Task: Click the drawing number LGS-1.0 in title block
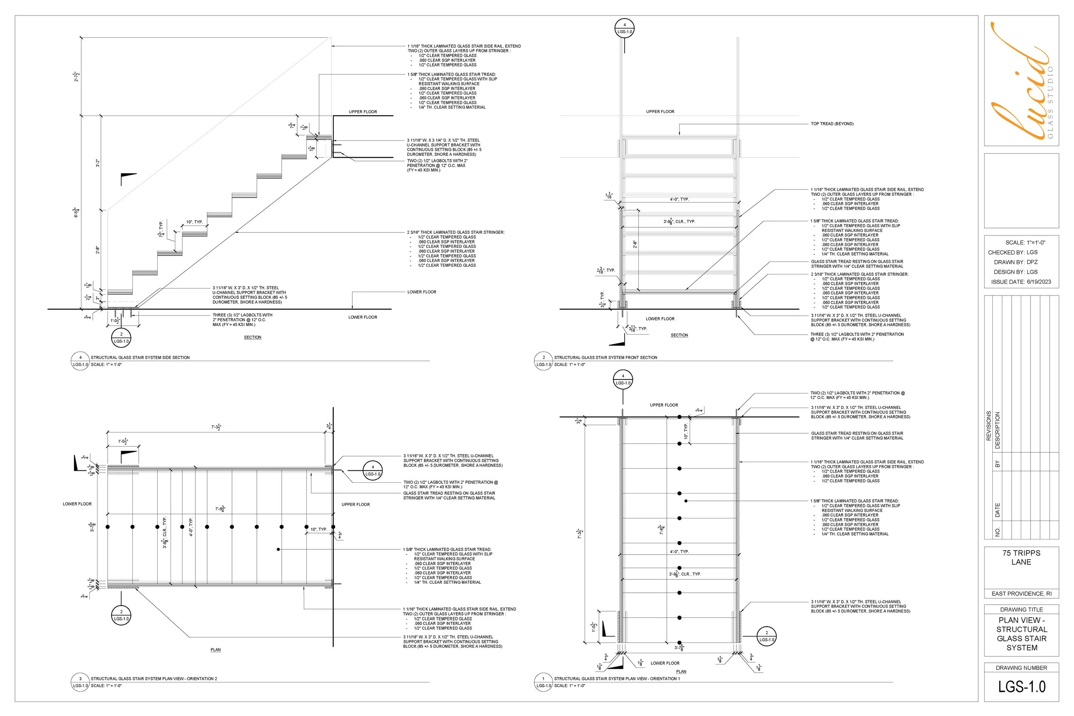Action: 1022,686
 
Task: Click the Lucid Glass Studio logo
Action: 1022,81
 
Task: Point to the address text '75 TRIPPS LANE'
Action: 1021,557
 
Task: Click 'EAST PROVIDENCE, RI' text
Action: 1021,594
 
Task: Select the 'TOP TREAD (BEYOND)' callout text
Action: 832,124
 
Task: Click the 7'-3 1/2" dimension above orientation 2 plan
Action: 217,427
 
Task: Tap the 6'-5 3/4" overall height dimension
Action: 77,212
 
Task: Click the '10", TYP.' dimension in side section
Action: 194,222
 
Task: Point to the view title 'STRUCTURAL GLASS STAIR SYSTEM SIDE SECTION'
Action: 140,357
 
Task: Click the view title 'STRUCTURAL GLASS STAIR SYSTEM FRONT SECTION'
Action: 605,357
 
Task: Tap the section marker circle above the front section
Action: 624,28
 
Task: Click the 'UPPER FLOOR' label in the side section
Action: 363,112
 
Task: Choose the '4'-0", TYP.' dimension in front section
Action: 680,200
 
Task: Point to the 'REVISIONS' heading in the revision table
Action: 989,426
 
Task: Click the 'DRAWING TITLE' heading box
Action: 1021,609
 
